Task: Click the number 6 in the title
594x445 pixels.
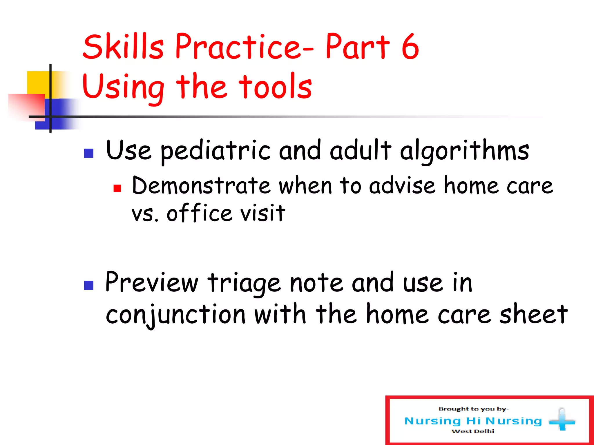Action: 410,46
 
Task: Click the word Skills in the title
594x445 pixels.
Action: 123,46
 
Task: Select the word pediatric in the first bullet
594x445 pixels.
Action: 215,151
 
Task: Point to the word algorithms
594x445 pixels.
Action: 464,151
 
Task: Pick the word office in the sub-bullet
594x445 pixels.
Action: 199,213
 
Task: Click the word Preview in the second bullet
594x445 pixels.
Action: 151,282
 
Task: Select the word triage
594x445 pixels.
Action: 244,283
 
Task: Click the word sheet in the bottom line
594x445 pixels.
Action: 533,314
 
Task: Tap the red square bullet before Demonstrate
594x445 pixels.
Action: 117,189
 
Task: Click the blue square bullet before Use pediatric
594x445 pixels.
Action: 88,153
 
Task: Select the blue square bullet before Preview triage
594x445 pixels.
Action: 88,285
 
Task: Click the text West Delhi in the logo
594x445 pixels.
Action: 473,431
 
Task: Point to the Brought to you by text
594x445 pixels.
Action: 473,409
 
